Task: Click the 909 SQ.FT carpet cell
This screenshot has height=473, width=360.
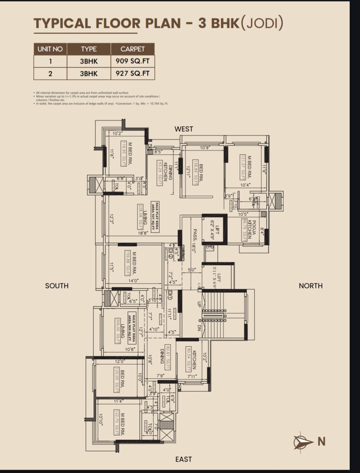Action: pyautogui.click(x=132, y=61)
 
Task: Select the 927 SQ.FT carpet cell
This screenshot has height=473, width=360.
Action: pyautogui.click(x=132, y=74)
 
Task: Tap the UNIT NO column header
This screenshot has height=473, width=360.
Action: pyautogui.click(x=50, y=49)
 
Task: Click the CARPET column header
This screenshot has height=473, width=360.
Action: pyautogui.click(x=132, y=49)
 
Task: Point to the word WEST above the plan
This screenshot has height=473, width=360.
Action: pyautogui.click(x=184, y=129)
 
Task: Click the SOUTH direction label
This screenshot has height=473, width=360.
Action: pyautogui.click(x=57, y=286)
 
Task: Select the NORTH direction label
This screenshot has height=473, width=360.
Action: pyautogui.click(x=310, y=286)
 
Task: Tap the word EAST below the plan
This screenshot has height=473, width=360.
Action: pyautogui.click(x=184, y=459)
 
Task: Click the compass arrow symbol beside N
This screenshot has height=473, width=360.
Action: pyautogui.click(x=303, y=441)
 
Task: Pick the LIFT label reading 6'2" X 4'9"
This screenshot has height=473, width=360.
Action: pyautogui.click(x=214, y=229)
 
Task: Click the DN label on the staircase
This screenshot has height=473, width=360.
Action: pyautogui.click(x=198, y=328)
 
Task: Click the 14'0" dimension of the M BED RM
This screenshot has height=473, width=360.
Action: pyautogui.click(x=133, y=281)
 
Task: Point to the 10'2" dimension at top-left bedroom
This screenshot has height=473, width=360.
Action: pyautogui.click(x=118, y=133)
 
